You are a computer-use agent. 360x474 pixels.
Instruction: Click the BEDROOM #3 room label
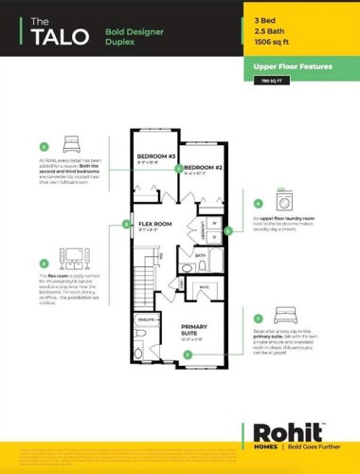tap(157, 156)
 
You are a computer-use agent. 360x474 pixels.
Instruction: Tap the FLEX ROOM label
tap(155, 224)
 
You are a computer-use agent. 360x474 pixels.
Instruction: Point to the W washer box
tap(215, 223)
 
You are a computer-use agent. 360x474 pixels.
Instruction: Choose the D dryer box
tap(215, 237)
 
